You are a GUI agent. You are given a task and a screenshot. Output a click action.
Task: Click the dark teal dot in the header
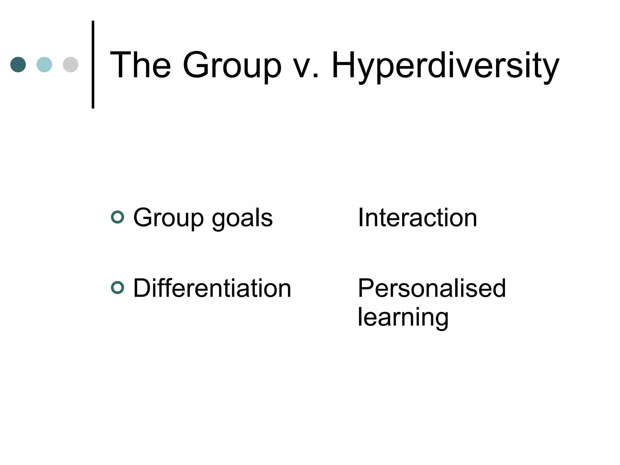click(18, 64)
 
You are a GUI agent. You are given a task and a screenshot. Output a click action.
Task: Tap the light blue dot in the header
click(44, 64)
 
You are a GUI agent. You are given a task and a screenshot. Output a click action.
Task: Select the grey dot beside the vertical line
click(71, 64)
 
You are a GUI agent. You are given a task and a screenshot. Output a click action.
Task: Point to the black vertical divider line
click(93, 64)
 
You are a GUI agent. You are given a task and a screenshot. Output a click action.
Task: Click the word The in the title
click(140, 65)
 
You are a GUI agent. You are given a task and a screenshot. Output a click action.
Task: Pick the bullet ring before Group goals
click(117, 217)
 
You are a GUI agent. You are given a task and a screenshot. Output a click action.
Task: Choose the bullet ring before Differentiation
click(117, 288)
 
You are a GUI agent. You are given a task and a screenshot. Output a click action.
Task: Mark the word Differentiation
click(212, 288)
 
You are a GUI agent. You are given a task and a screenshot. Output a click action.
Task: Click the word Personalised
click(432, 288)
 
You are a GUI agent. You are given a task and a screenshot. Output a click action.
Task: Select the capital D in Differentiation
click(142, 288)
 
